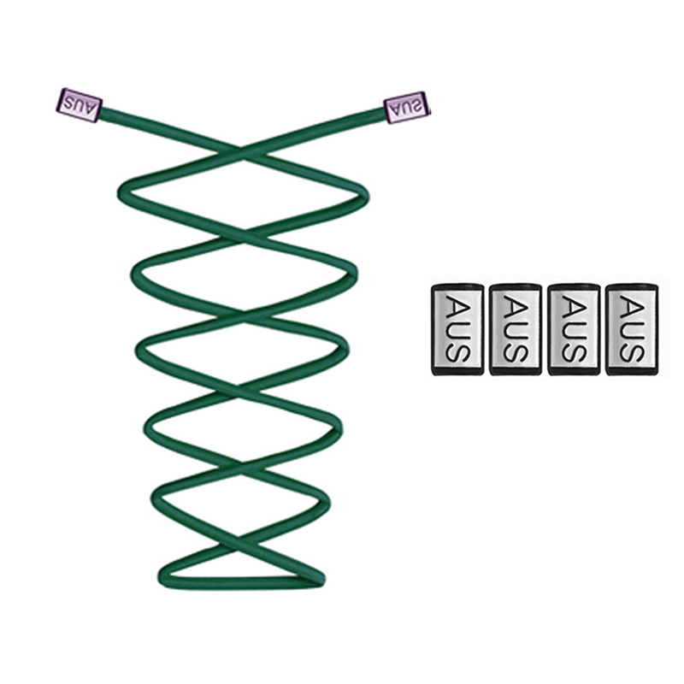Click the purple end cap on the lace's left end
point(79,105)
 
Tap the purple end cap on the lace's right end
point(406,108)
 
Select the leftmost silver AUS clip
point(457,329)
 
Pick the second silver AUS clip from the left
point(516,329)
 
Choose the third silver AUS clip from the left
point(574,329)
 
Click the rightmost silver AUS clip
point(632,329)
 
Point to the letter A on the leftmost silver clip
point(457,304)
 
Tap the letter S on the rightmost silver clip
point(632,352)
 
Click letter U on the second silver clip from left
point(516,329)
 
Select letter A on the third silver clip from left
point(574,304)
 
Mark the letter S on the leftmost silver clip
point(457,352)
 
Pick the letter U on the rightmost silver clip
point(632,329)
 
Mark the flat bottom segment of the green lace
point(241,582)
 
